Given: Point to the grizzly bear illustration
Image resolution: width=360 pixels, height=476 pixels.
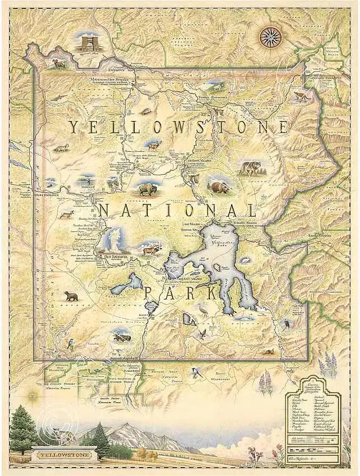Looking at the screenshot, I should click(x=217, y=186).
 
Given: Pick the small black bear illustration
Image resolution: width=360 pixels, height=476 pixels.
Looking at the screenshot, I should click(x=71, y=295).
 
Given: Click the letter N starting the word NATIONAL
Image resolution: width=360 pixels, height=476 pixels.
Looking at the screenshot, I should click(x=104, y=211).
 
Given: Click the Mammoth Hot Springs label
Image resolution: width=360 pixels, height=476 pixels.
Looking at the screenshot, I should click(x=114, y=80).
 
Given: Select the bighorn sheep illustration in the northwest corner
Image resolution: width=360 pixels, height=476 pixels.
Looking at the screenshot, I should click(x=59, y=63).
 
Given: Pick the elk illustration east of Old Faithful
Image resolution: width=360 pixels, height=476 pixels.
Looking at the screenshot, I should click(x=150, y=249).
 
